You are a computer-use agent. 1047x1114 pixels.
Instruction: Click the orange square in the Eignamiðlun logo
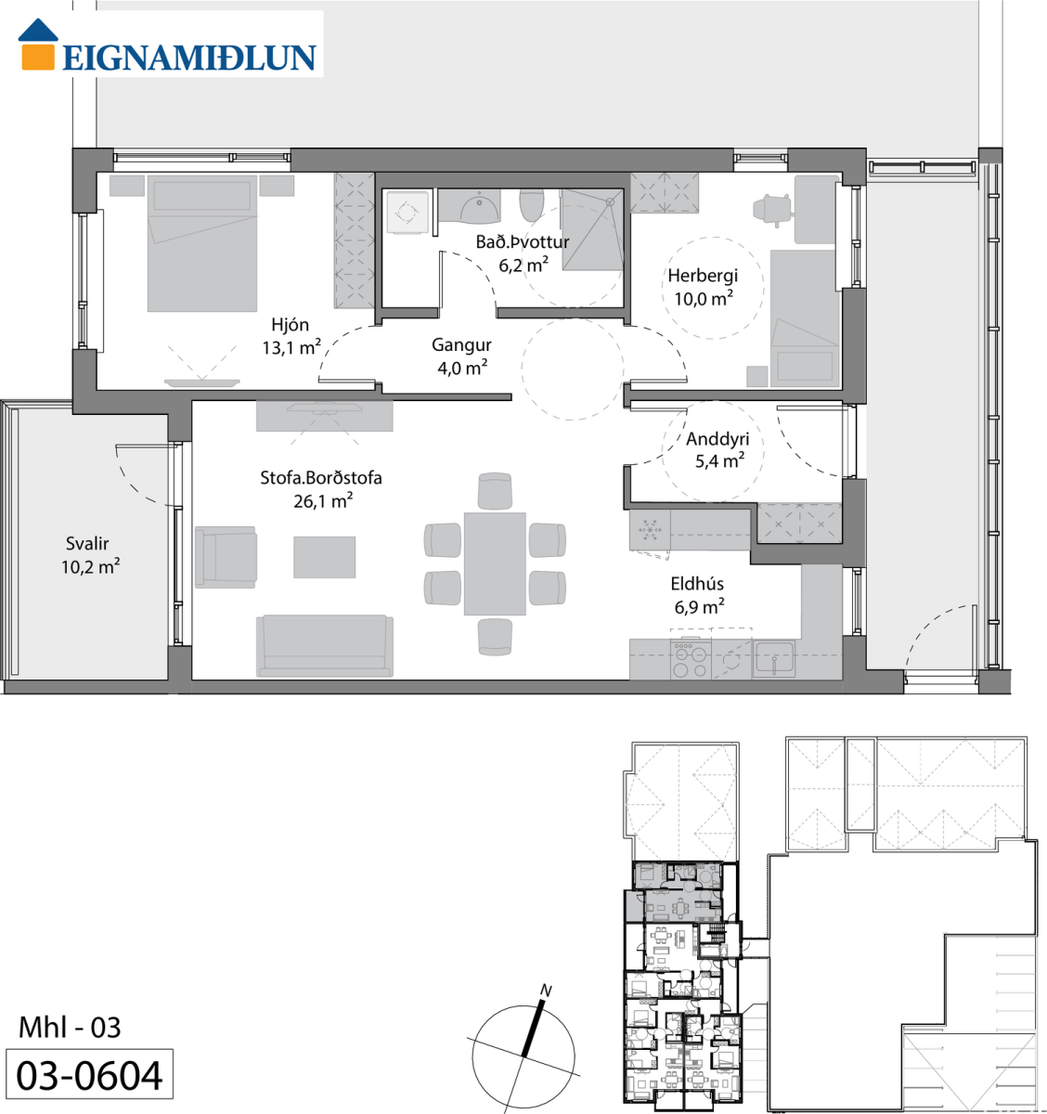[x=38, y=57]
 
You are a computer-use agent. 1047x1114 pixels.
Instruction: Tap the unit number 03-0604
[x=89, y=1076]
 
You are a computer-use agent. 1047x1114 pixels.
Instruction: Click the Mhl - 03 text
[x=70, y=1028]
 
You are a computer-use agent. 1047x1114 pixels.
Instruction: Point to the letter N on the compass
[x=546, y=991]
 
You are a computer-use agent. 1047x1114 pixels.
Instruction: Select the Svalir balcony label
[x=87, y=543]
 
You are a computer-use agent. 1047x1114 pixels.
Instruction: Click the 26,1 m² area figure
[x=323, y=500]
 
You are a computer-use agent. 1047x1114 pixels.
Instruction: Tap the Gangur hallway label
[x=461, y=345]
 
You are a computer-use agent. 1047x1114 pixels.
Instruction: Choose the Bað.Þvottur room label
[x=523, y=241]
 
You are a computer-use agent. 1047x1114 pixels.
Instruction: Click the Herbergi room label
[x=703, y=276]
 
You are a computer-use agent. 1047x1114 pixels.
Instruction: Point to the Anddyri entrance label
[x=717, y=439]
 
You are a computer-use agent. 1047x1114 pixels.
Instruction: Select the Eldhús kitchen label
[x=697, y=583]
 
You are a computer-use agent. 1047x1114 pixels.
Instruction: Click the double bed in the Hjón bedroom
[x=202, y=243]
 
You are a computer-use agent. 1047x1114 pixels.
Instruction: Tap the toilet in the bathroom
[x=531, y=205]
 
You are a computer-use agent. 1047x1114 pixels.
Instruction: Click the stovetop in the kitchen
[x=691, y=660]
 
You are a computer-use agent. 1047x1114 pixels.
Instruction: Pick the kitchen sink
[x=774, y=658]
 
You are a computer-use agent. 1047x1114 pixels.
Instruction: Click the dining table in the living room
[x=495, y=563]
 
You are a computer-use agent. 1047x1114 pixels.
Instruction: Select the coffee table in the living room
[x=324, y=557]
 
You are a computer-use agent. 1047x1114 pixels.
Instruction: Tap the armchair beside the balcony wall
[x=226, y=557]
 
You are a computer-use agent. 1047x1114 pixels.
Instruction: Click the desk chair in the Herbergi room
[x=771, y=210]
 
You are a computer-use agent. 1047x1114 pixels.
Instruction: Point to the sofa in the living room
[x=325, y=645]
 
